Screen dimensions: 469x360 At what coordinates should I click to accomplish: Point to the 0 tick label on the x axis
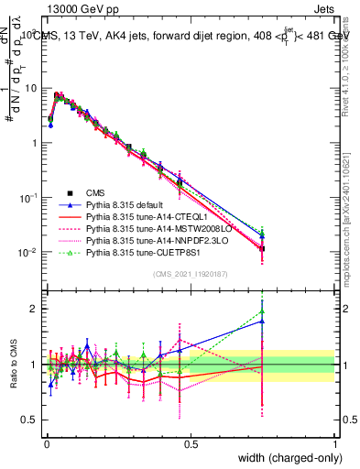pyautogui.click(x=46, y=442)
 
